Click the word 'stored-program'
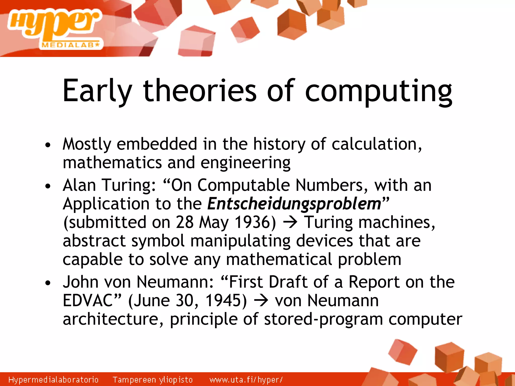click(323, 319)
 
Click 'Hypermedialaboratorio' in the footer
click(53, 380)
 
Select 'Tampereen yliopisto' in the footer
click(153, 380)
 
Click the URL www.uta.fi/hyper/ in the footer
click(246, 380)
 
